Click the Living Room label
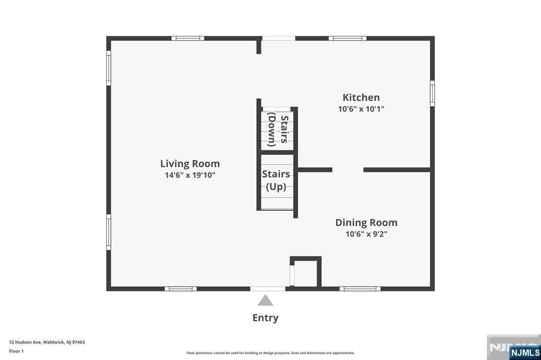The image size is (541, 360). (190, 164)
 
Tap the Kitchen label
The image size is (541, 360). (361, 97)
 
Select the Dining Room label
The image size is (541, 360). (366, 223)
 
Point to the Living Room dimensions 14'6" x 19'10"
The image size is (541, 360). (190, 175)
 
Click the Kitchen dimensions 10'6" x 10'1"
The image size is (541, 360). (361, 109)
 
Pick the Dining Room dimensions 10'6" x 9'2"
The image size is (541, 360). (366, 234)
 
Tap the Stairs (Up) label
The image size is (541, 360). (276, 181)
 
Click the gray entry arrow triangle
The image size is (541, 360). (265, 300)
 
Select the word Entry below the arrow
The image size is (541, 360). (265, 318)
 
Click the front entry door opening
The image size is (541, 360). (268, 289)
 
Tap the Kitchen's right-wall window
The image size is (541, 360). (432, 93)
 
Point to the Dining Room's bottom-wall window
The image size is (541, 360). (360, 289)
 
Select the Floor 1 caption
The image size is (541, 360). (16, 351)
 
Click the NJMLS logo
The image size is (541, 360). (525, 352)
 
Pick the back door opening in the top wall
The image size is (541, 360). (278, 39)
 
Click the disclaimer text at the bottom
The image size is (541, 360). (270, 353)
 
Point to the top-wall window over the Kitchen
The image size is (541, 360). (348, 39)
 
